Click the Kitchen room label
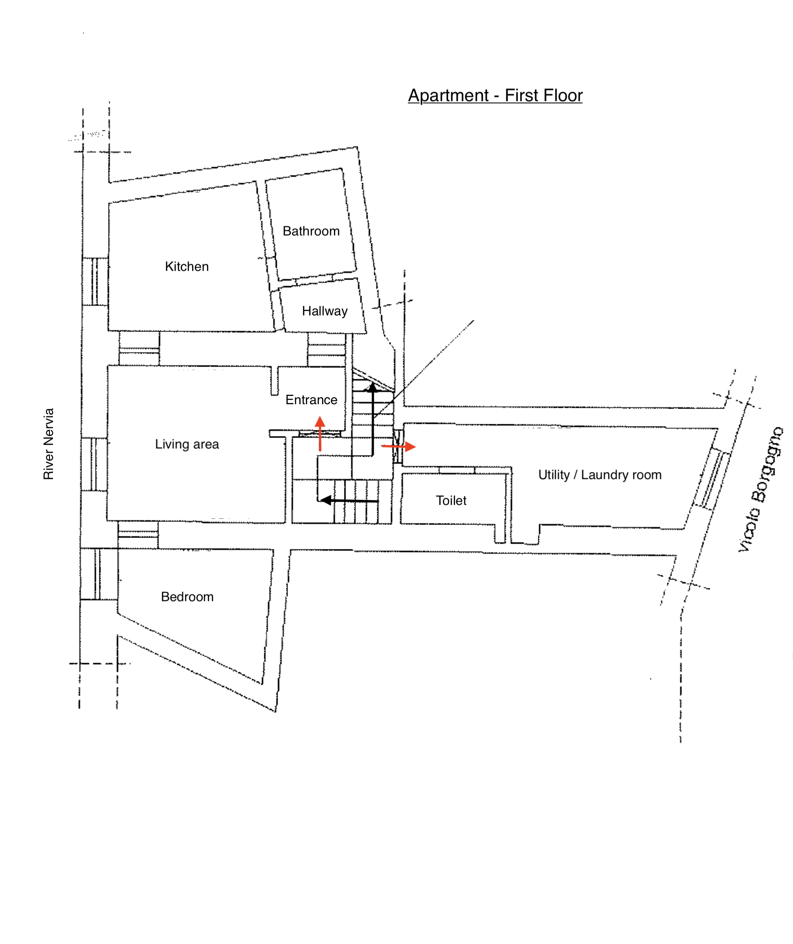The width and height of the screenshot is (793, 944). click(x=187, y=266)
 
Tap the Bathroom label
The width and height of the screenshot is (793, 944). click(x=311, y=231)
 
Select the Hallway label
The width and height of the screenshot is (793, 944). click(x=325, y=311)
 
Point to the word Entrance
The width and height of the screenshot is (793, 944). click(x=311, y=400)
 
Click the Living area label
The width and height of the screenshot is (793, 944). click(x=187, y=444)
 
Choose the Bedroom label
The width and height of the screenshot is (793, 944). click(x=187, y=597)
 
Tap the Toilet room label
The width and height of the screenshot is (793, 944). click(x=451, y=500)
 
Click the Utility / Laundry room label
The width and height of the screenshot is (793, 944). click(x=600, y=475)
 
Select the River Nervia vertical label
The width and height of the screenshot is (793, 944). click(x=48, y=444)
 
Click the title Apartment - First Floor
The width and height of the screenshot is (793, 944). click(x=495, y=95)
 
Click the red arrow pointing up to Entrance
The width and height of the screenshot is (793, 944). click(x=320, y=434)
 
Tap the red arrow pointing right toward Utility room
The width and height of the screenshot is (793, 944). click(x=399, y=446)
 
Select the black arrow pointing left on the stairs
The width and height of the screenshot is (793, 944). click(x=349, y=500)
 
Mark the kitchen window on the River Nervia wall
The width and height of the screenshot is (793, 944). click(x=95, y=282)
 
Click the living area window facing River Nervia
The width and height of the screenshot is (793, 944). click(x=94, y=465)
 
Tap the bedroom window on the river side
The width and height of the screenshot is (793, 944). click(x=99, y=574)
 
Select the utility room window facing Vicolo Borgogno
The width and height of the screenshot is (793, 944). click(x=712, y=479)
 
